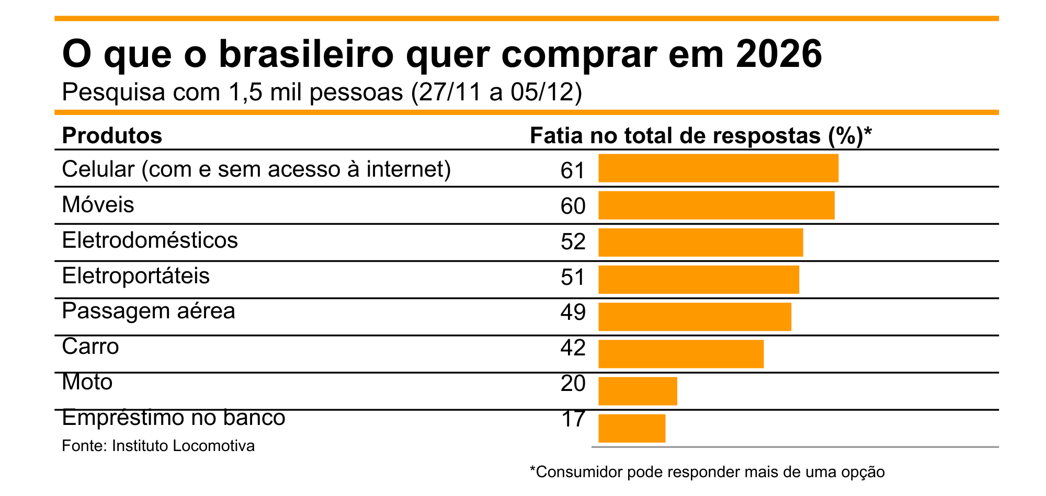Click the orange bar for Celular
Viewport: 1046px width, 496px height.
[718, 168]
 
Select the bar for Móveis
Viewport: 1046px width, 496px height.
[716, 205]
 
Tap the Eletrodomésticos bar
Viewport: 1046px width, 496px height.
[700, 243]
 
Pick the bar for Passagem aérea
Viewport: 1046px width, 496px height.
[695, 317]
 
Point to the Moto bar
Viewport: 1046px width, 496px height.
[638, 391]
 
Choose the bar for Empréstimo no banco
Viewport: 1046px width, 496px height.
[632, 428]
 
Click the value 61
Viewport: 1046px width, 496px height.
[573, 170]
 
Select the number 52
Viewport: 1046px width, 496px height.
[573, 242]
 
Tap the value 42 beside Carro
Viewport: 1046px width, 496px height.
[573, 348]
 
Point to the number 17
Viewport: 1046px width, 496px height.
[573, 419]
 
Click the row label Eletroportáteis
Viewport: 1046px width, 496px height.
[135, 276]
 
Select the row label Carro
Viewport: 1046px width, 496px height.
[90, 347]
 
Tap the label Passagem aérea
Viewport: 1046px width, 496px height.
[149, 312]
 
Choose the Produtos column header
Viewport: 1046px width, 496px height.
[112, 135]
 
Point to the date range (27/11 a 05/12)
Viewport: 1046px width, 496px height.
[496, 93]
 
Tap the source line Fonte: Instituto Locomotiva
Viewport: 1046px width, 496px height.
[158, 446]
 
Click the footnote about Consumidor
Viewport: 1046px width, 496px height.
[707, 472]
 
